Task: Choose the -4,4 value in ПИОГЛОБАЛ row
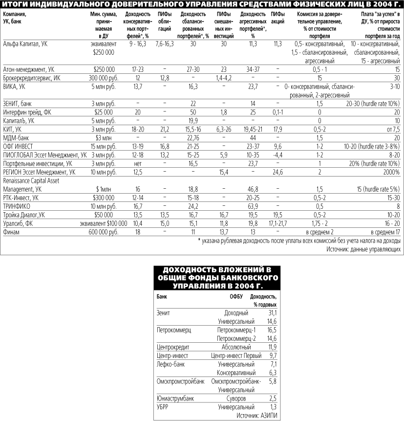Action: click(x=277, y=155)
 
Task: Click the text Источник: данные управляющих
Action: click(x=363, y=248)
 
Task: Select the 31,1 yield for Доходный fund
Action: click(x=272, y=312)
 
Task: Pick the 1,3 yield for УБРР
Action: click(x=273, y=407)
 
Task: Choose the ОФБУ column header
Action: click(x=236, y=296)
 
